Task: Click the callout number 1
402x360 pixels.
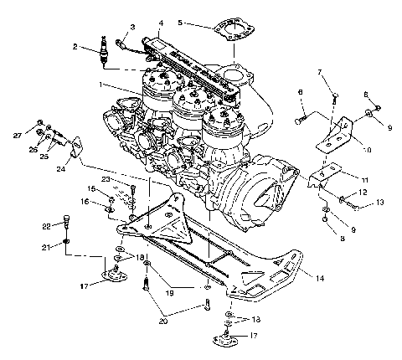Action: point(102,85)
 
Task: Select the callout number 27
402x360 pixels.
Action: point(17,134)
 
